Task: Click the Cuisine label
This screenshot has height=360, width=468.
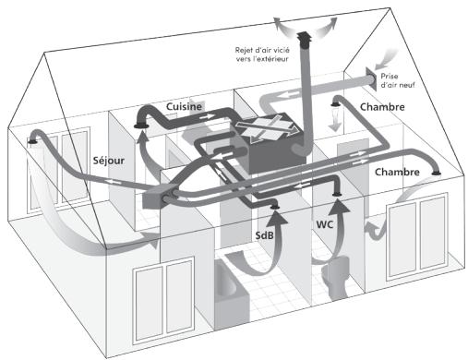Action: (x=185, y=108)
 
